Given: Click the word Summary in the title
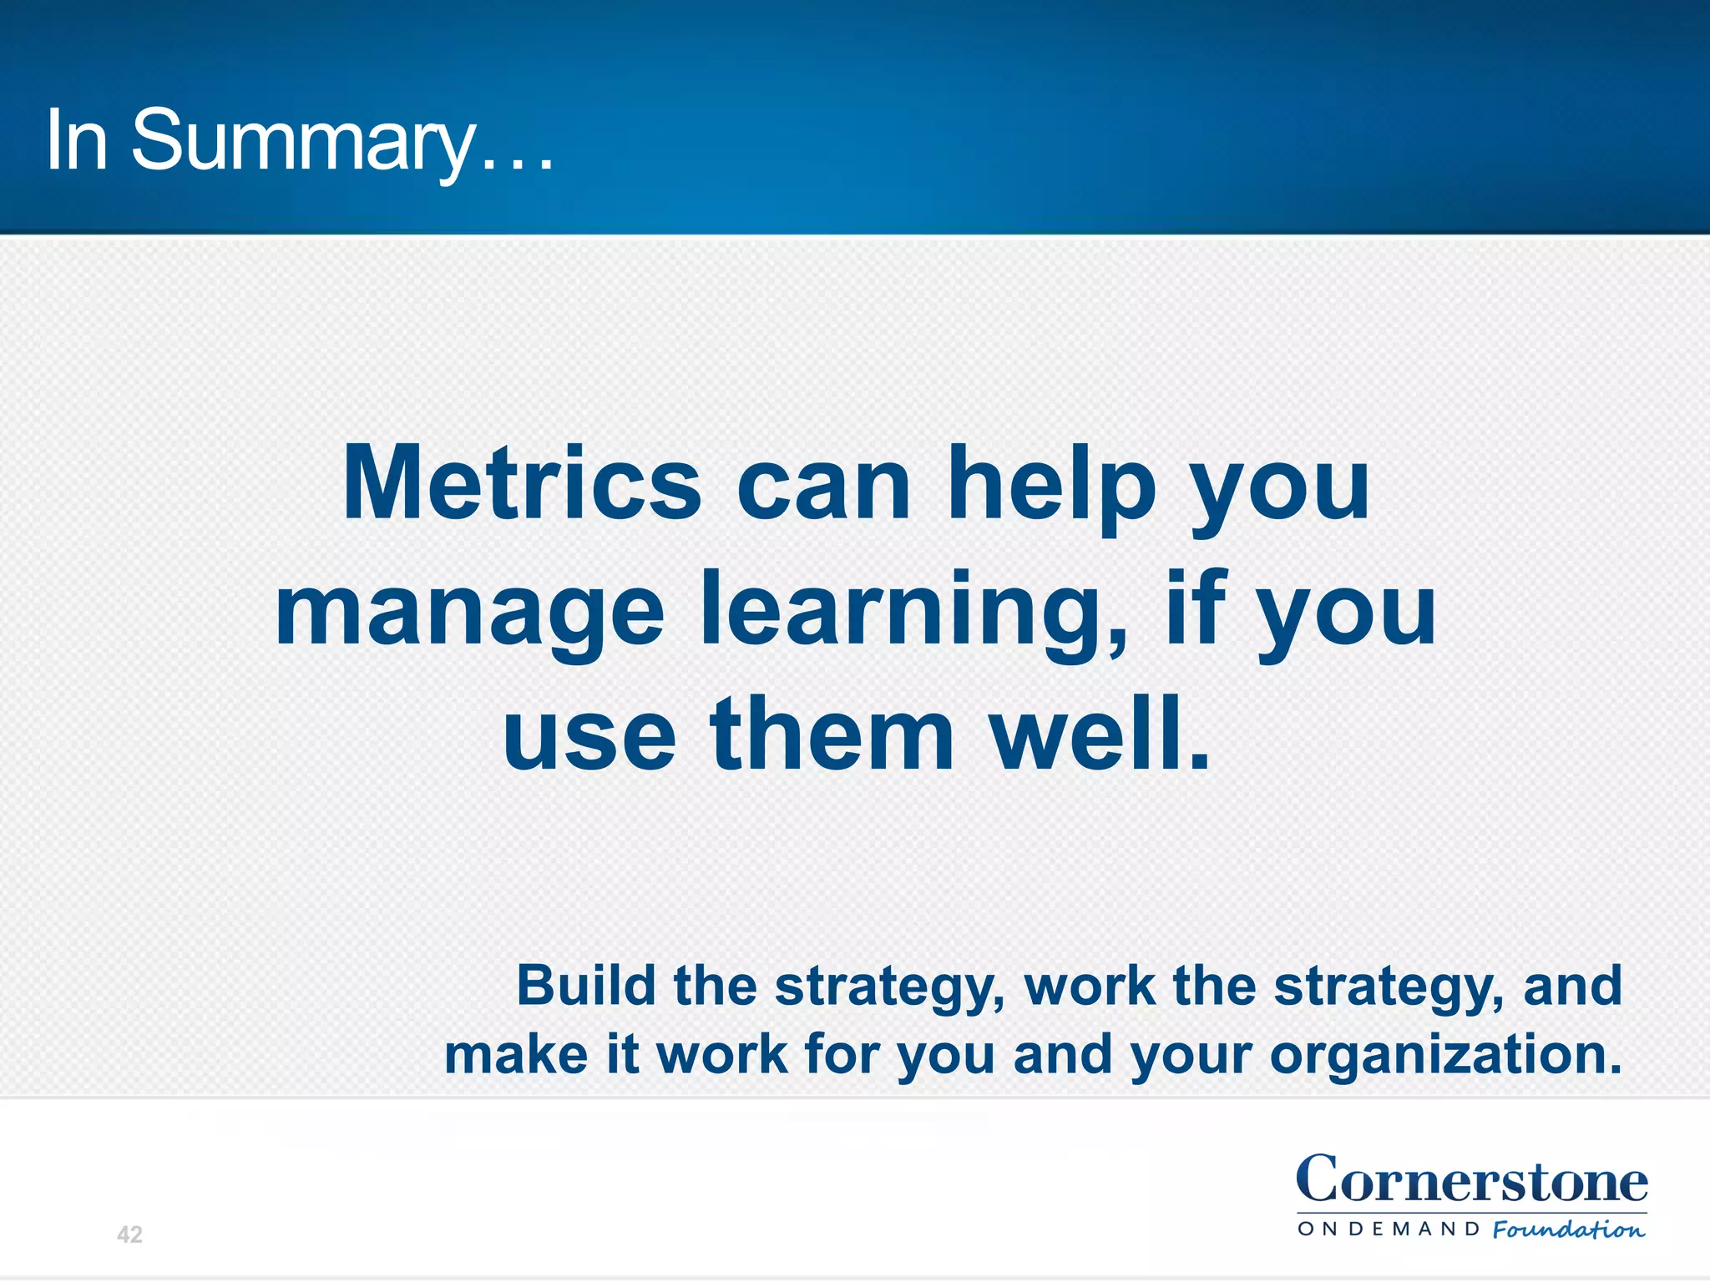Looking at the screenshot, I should pos(302,142).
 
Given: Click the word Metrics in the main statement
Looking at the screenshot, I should pos(522,485).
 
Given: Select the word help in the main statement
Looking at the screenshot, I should pos(1051,485).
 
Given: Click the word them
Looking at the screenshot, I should pos(832,734).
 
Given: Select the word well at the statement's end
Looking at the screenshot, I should pos(1099,734).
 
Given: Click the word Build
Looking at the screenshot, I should pos(586,986).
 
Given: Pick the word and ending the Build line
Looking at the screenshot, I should pos(1572,986).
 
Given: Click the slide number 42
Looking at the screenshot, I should pos(129,1234).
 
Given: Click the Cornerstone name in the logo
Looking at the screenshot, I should pos(1471,1181).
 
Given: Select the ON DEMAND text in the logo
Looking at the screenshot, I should pos(1389,1229).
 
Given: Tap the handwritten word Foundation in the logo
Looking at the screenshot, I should pos(1568,1229).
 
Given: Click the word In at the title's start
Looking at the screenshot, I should pos(77,142).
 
